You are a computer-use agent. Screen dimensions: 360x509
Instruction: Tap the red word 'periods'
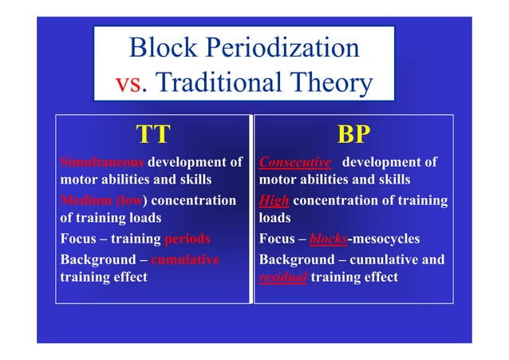coord(187,239)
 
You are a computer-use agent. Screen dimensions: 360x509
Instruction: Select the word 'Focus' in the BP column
coord(278,239)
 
